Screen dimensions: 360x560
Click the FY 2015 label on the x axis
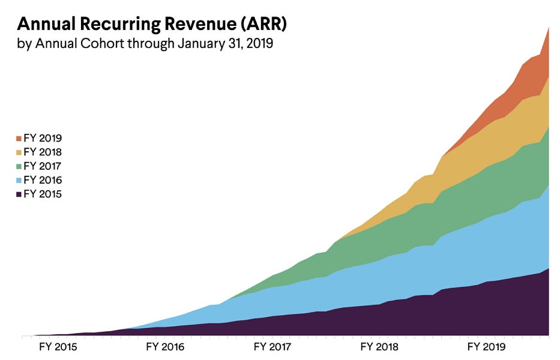tap(58, 347)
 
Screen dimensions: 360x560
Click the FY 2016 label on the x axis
tap(165, 347)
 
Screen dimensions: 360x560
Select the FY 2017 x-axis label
tap(272, 347)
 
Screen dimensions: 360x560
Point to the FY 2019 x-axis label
tap(487, 347)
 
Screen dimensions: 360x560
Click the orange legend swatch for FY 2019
tap(19, 138)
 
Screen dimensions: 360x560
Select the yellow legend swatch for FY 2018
tap(19, 152)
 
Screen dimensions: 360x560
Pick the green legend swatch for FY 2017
tap(19, 166)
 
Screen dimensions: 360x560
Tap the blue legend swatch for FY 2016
tap(19, 180)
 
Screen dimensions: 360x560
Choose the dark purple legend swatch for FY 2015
tap(19, 194)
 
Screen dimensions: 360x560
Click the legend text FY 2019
tap(43, 138)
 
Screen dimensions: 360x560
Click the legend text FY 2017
tap(43, 166)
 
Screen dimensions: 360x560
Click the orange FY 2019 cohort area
tap(528, 75)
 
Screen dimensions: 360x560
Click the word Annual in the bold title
tap(45, 25)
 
